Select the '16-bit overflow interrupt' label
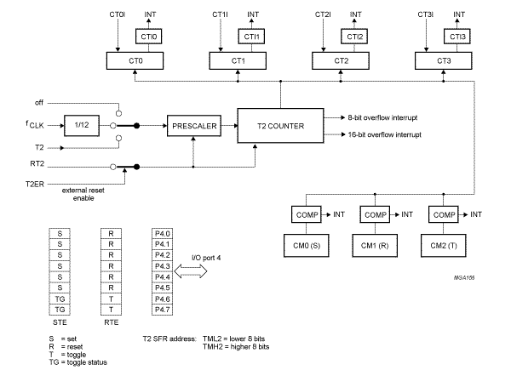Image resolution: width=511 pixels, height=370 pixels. pyautogui.click(x=392, y=135)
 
